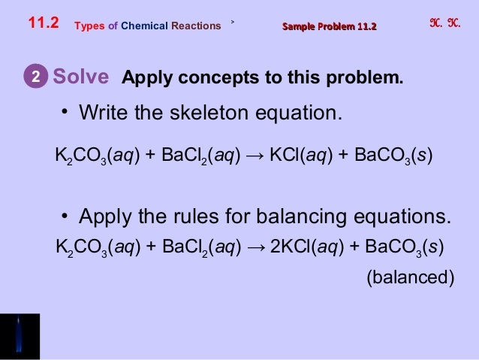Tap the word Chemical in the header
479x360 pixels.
tap(142, 26)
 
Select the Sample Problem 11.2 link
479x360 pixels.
tap(329, 27)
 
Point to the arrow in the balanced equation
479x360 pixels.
tap(255, 246)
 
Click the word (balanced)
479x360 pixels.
tap(409, 277)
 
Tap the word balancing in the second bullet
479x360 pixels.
tap(307, 218)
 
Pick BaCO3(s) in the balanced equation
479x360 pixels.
tap(401, 246)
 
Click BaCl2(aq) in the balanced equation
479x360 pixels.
tap(197, 246)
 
